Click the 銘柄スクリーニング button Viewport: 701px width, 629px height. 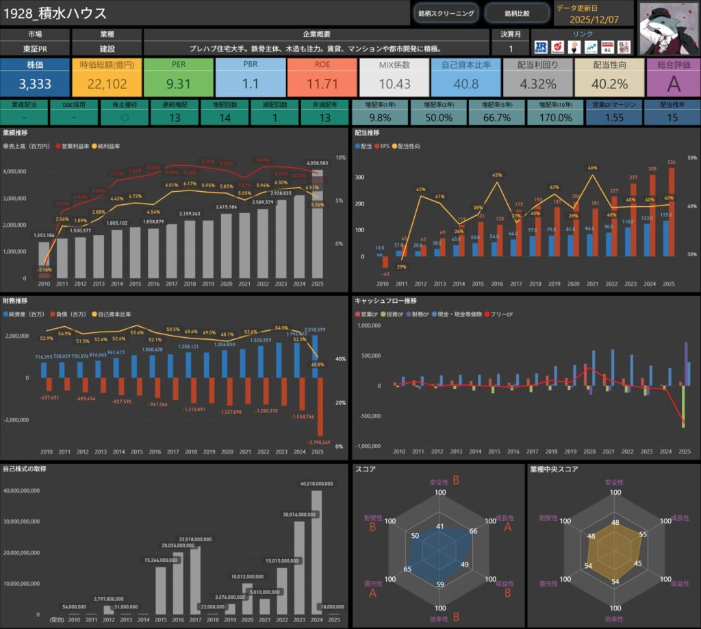(x=446, y=13)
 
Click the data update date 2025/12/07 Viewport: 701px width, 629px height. (x=594, y=19)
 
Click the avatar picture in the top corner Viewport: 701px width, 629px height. (x=668, y=27)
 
